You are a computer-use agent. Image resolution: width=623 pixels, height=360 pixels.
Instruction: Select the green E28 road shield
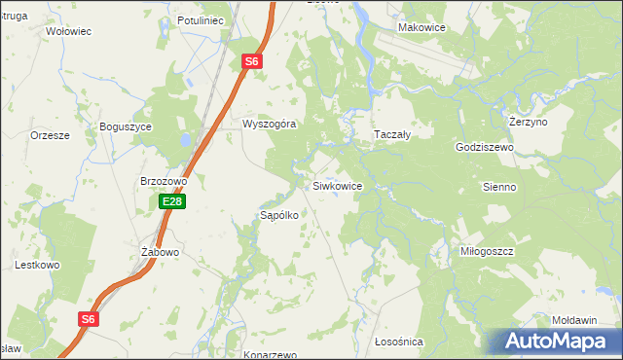(x=172, y=201)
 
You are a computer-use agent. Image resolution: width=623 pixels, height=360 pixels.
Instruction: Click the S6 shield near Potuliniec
(x=251, y=61)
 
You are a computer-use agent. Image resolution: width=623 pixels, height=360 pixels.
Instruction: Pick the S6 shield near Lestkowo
(x=89, y=318)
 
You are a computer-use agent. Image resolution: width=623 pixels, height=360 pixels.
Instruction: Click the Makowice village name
(x=421, y=27)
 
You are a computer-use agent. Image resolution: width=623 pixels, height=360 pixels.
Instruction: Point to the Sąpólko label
(x=277, y=215)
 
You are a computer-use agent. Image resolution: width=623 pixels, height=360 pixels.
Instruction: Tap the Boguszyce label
(x=126, y=126)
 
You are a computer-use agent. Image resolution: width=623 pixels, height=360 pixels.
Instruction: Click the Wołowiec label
(x=68, y=31)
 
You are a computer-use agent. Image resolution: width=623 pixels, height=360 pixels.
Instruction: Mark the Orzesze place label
(x=50, y=136)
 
